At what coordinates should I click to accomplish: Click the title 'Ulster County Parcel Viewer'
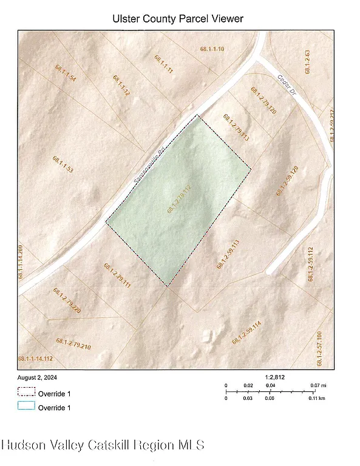point(178,19)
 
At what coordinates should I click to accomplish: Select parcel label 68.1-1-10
point(212,49)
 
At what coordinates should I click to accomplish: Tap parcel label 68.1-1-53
point(63,165)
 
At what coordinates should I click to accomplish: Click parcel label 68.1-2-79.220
point(67,302)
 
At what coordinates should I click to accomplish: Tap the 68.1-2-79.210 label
point(73,344)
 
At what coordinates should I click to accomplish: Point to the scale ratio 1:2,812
point(274,377)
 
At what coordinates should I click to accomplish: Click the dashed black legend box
point(26,392)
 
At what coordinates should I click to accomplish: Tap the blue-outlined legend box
point(26,407)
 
